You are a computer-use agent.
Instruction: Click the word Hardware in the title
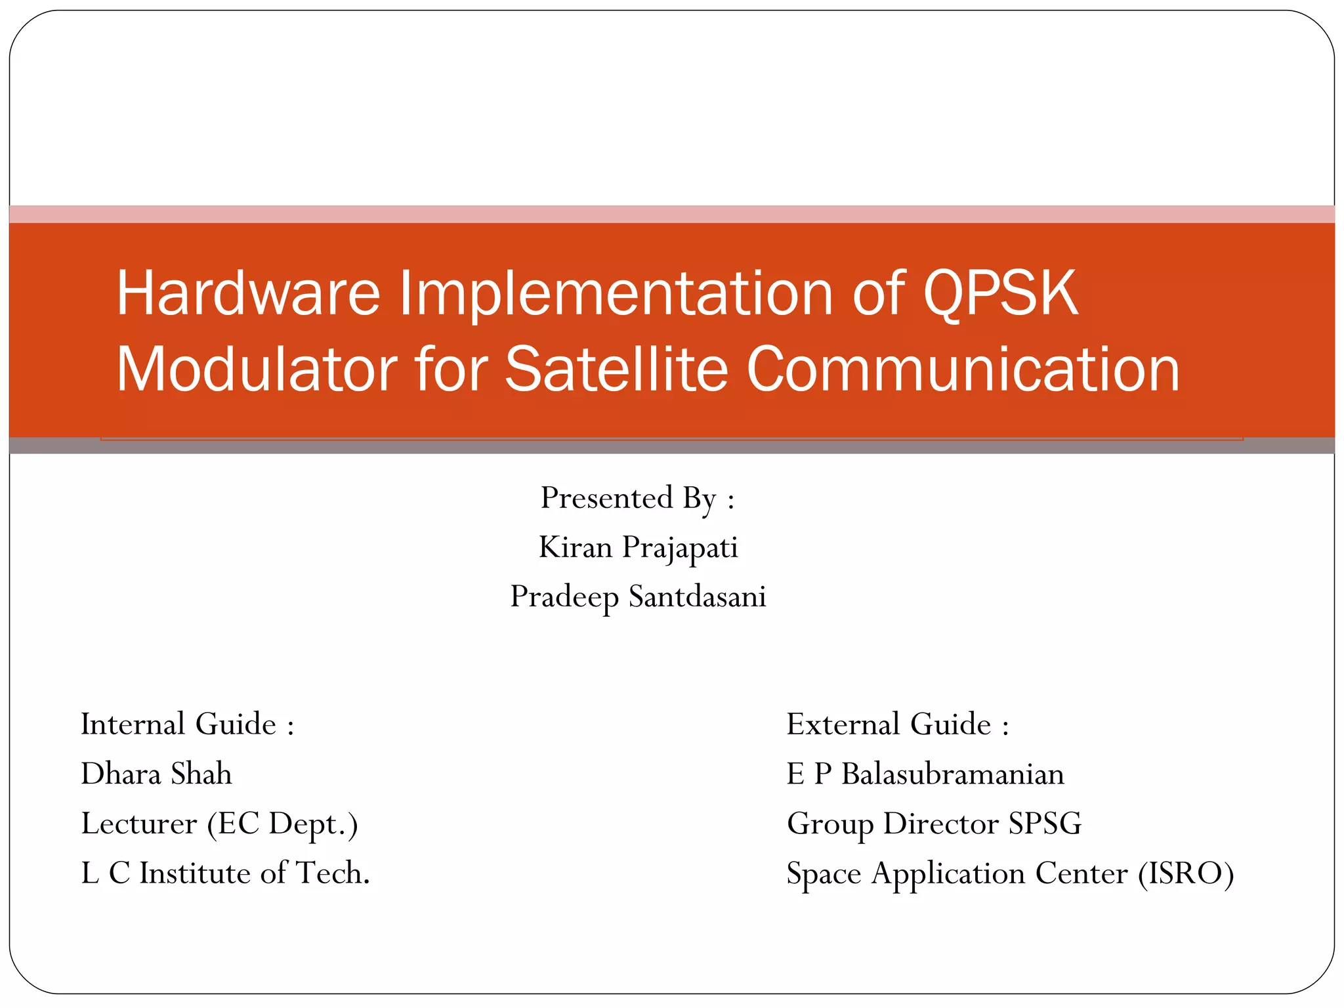pyautogui.click(x=248, y=293)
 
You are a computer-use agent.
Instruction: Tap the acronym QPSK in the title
pyautogui.click(x=1000, y=293)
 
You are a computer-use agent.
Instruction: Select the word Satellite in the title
pyautogui.click(x=616, y=369)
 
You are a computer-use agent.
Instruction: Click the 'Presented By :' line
pyautogui.click(x=637, y=498)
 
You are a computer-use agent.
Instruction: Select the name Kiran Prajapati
pyautogui.click(x=638, y=547)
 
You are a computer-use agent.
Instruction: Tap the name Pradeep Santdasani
pyautogui.click(x=638, y=597)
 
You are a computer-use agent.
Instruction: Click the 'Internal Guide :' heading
pyautogui.click(x=187, y=724)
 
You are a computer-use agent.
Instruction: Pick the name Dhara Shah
pyautogui.click(x=156, y=774)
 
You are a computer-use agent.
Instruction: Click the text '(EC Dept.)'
pyautogui.click(x=283, y=824)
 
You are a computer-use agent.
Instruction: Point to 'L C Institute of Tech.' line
pyautogui.click(x=225, y=873)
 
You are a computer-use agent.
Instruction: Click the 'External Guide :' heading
pyautogui.click(x=897, y=724)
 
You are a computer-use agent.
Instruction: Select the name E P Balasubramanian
pyautogui.click(x=925, y=774)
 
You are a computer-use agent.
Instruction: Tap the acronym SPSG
pyautogui.click(x=1045, y=824)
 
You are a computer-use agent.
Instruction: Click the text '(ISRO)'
pyautogui.click(x=1186, y=873)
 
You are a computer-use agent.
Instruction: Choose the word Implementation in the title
pyautogui.click(x=616, y=293)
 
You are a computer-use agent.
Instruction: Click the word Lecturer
pyautogui.click(x=138, y=824)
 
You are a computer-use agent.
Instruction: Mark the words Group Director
pyautogui.click(x=892, y=824)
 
